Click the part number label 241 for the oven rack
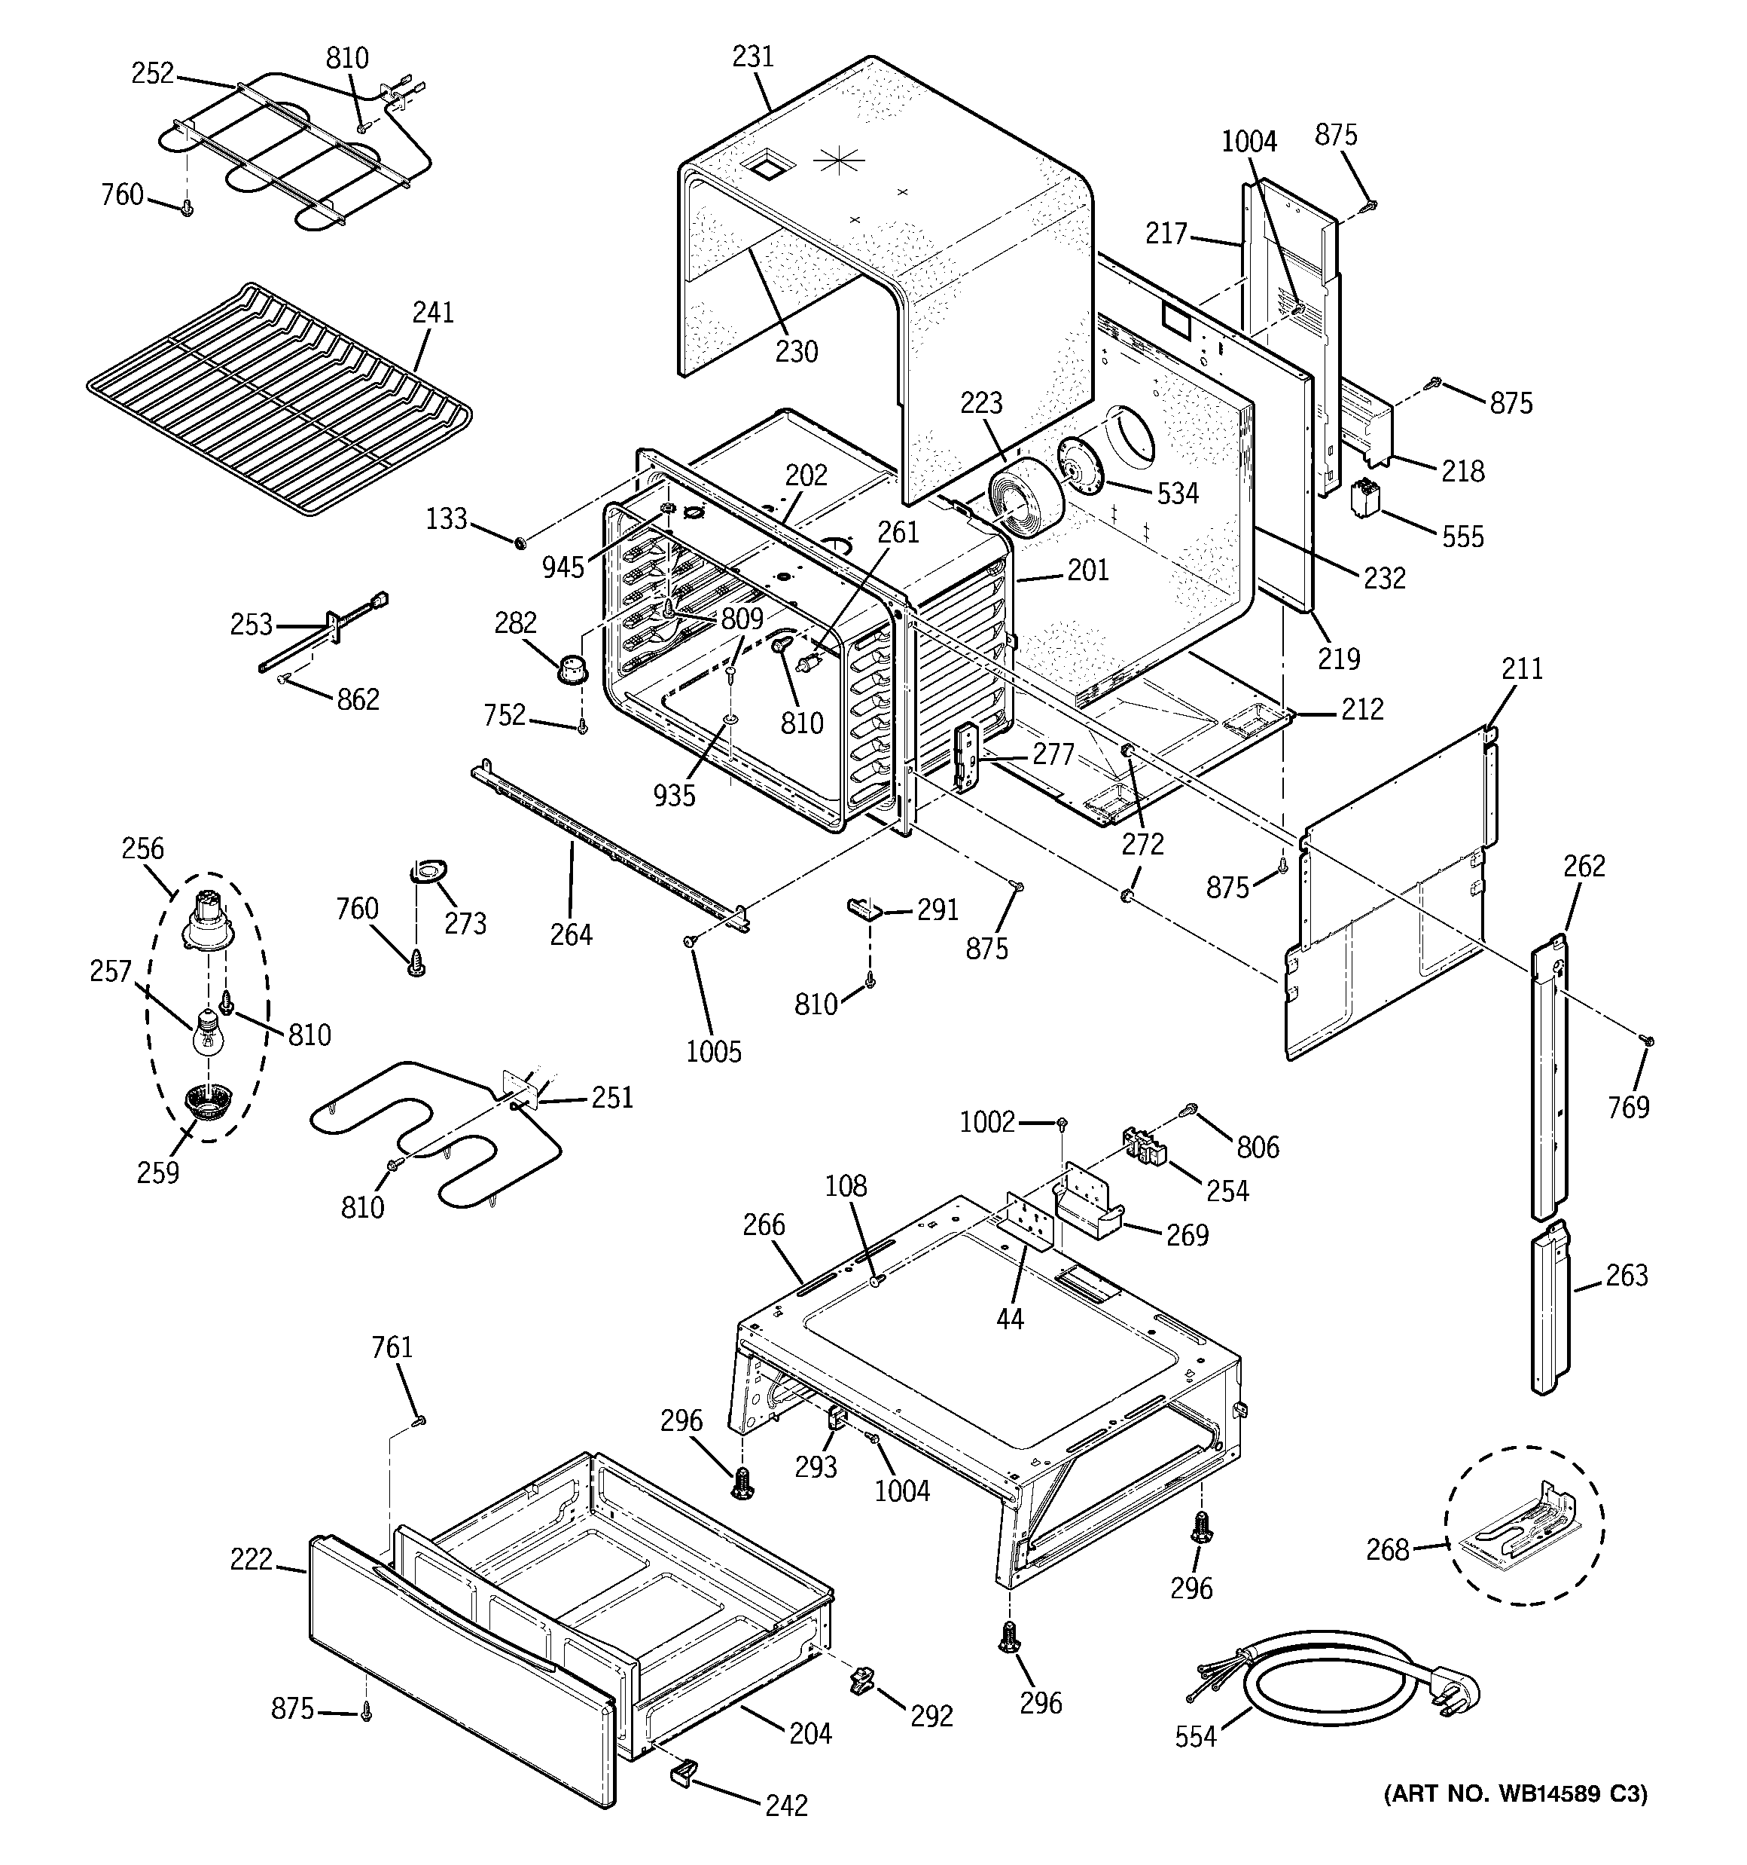click(433, 313)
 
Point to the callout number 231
click(753, 57)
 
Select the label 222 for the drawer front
click(252, 1559)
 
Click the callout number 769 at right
click(1628, 1108)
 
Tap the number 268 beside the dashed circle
click(1387, 1550)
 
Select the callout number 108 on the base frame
click(846, 1186)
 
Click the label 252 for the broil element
click(153, 73)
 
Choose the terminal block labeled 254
click(1145, 1146)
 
